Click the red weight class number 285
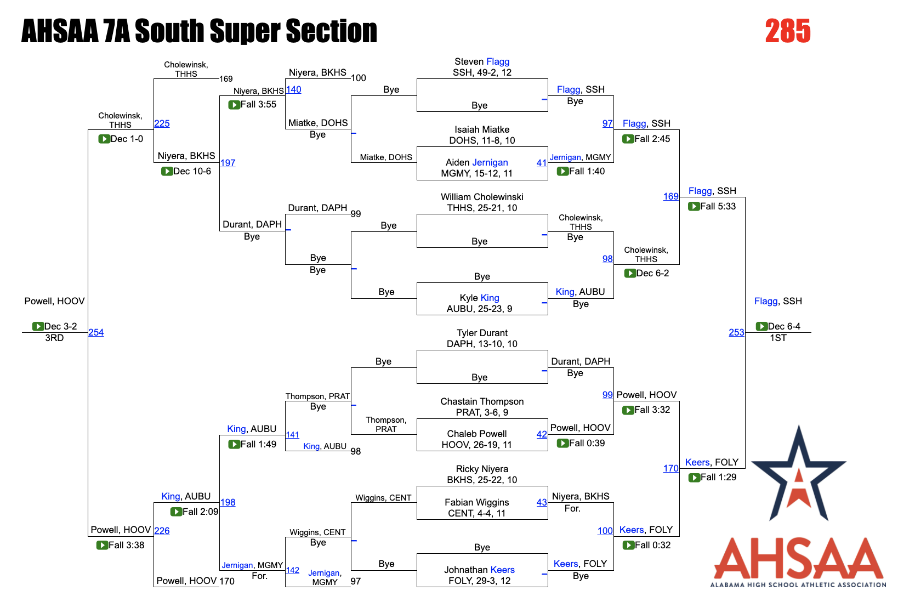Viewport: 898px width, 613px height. [x=787, y=31]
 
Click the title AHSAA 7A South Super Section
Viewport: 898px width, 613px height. [x=199, y=31]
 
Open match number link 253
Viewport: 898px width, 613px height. [x=736, y=332]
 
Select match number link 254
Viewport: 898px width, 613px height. [x=96, y=332]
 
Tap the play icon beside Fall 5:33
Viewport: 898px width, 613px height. [x=694, y=207]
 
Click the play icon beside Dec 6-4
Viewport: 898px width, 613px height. [x=761, y=327]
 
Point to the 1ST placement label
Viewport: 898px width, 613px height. [x=778, y=338]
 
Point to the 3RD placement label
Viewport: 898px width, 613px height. [x=54, y=338]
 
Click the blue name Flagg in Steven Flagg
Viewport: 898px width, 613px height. [x=498, y=62]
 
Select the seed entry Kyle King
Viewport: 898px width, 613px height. [x=479, y=298]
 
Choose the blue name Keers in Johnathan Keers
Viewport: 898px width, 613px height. [x=502, y=570]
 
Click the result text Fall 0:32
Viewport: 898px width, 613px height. [x=652, y=546]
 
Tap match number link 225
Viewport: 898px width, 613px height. [x=162, y=124]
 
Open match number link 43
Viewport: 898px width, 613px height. [x=542, y=502]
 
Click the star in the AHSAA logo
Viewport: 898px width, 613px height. [x=799, y=474]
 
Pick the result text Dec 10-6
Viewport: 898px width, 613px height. [x=192, y=172]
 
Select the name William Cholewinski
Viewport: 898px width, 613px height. [x=482, y=197]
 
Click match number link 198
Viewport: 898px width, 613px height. [x=228, y=502]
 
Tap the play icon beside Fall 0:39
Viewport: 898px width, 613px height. [x=562, y=444]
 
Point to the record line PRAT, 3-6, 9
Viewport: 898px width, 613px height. [x=482, y=413]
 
